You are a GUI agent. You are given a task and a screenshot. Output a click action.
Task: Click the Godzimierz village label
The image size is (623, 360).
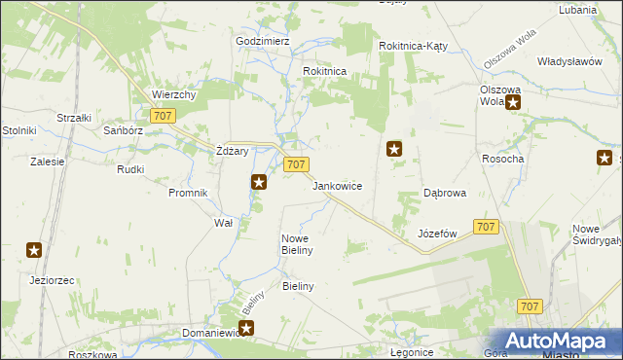263,42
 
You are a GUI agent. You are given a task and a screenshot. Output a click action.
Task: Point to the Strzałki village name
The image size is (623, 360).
74,118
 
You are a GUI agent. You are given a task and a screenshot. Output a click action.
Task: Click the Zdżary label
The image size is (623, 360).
233,151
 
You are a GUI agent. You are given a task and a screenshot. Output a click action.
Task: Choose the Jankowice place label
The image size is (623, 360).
338,185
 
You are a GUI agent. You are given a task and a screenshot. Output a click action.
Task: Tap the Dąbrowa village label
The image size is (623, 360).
445,193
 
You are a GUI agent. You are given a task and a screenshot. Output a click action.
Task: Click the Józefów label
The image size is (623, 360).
437,234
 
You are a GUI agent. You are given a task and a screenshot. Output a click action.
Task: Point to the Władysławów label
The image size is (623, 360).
569,60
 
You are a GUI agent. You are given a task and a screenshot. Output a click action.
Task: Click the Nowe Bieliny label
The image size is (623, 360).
296,244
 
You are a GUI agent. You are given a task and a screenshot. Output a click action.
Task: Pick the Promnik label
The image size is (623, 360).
188,193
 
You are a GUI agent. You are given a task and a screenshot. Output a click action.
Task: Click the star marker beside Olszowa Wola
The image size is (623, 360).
513,100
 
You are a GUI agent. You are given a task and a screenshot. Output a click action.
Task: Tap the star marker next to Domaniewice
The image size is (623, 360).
246,329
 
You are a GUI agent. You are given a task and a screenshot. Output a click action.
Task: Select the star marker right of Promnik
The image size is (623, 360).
258,181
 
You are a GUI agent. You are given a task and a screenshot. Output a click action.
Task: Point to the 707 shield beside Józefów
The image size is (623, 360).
487,227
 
